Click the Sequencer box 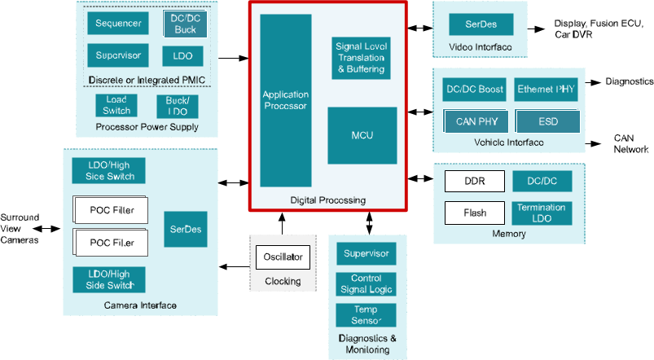point(119,23)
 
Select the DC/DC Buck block point(185,23)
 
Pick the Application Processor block point(285,100)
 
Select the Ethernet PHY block point(546,90)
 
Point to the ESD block point(547,121)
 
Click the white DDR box point(474,182)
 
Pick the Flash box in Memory point(474,213)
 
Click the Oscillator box point(283,257)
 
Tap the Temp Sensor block point(366,315)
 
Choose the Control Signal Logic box point(366,283)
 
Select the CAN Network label point(630,144)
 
